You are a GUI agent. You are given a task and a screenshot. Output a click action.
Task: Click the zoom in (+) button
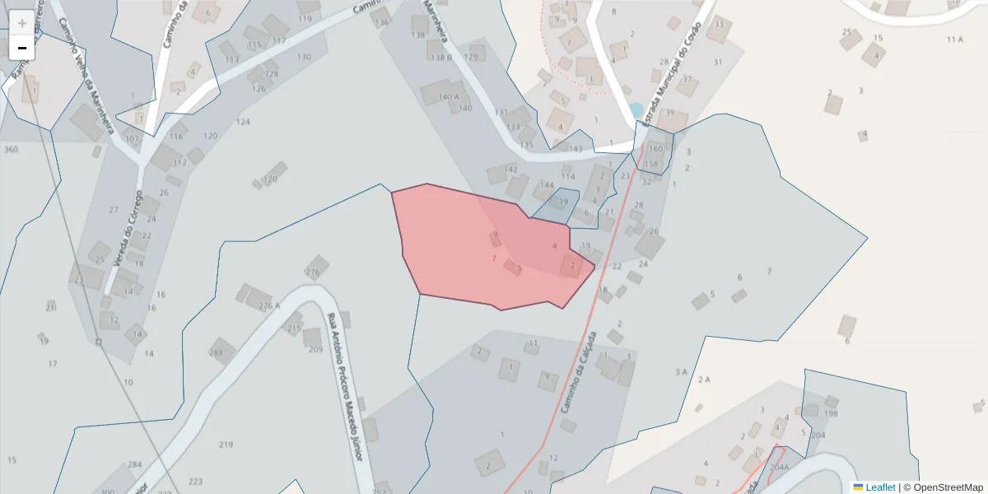point(21,23)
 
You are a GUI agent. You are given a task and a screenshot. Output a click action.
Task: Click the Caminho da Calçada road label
point(578,372)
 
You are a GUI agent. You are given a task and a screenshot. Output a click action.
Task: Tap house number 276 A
point(269,306)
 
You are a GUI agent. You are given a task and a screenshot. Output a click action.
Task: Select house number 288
point(217,353)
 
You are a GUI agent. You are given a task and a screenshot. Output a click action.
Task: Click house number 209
point(315,349)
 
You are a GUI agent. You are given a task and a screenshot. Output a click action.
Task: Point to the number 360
point(11,149)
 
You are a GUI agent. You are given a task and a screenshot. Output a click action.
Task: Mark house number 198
point(831,414)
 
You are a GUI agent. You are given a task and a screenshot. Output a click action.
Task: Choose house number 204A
point(779,467)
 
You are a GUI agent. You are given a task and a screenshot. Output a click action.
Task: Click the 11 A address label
point(954,40)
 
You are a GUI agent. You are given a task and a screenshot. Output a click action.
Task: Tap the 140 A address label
point(449,96)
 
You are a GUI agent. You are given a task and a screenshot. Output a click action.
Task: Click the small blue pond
point(636,109)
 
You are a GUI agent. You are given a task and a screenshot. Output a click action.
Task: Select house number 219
point(226,445)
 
